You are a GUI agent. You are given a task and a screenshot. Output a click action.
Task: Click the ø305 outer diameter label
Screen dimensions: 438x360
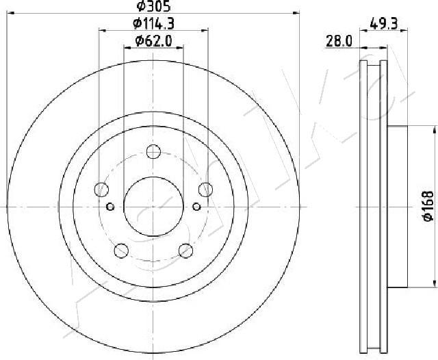(153, 6)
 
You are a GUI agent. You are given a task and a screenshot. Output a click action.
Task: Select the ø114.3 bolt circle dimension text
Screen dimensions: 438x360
(153, 23)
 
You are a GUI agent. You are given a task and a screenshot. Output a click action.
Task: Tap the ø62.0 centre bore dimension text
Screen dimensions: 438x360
(153, 41)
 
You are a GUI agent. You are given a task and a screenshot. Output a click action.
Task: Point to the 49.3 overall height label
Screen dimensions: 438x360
(383, 24)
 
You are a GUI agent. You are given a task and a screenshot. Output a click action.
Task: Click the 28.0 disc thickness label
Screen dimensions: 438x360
(339, 42)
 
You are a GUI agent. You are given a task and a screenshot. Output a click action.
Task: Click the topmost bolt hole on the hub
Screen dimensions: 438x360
(153, 152)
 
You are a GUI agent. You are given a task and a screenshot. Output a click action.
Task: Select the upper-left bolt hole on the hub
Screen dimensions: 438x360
(102, 190)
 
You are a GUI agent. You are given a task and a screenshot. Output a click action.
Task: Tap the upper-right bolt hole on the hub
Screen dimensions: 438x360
(205, 190)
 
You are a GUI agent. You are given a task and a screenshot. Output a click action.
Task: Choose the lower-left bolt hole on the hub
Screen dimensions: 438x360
(121, 250)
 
